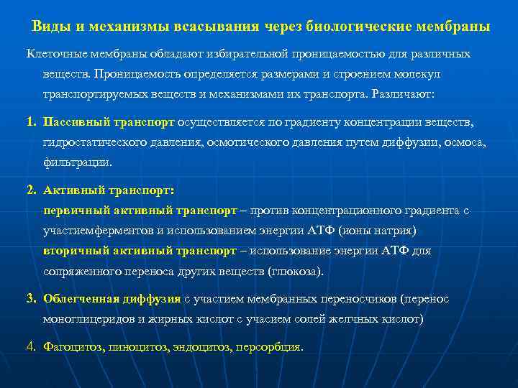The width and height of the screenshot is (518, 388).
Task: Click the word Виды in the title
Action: click(x=47, y=27)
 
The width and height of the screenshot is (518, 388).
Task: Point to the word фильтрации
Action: click(x=77, y=162)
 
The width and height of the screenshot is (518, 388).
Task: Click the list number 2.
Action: click(x=31, y=190)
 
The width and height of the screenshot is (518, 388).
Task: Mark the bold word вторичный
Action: click(x=73, y=251)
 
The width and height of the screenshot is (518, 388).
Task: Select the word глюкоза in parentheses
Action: click(x=296, y=272)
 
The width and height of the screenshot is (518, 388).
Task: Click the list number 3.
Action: click(x=31, y=298)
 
